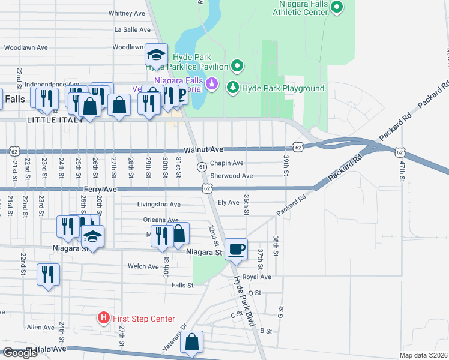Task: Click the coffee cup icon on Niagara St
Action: [x=236, y=249]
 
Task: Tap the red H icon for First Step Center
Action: [x=104, y=318]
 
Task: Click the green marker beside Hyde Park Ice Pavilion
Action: [x=238, y=66]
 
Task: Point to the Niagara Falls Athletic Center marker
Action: [x=337, y=7]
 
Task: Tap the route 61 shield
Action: [x=202, y=166]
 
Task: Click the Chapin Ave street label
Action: [x=226, y=163]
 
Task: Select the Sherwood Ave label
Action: [x=231, y=176]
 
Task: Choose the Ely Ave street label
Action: [x=229, y=203]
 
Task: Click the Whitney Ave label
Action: [x=127, y=13]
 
